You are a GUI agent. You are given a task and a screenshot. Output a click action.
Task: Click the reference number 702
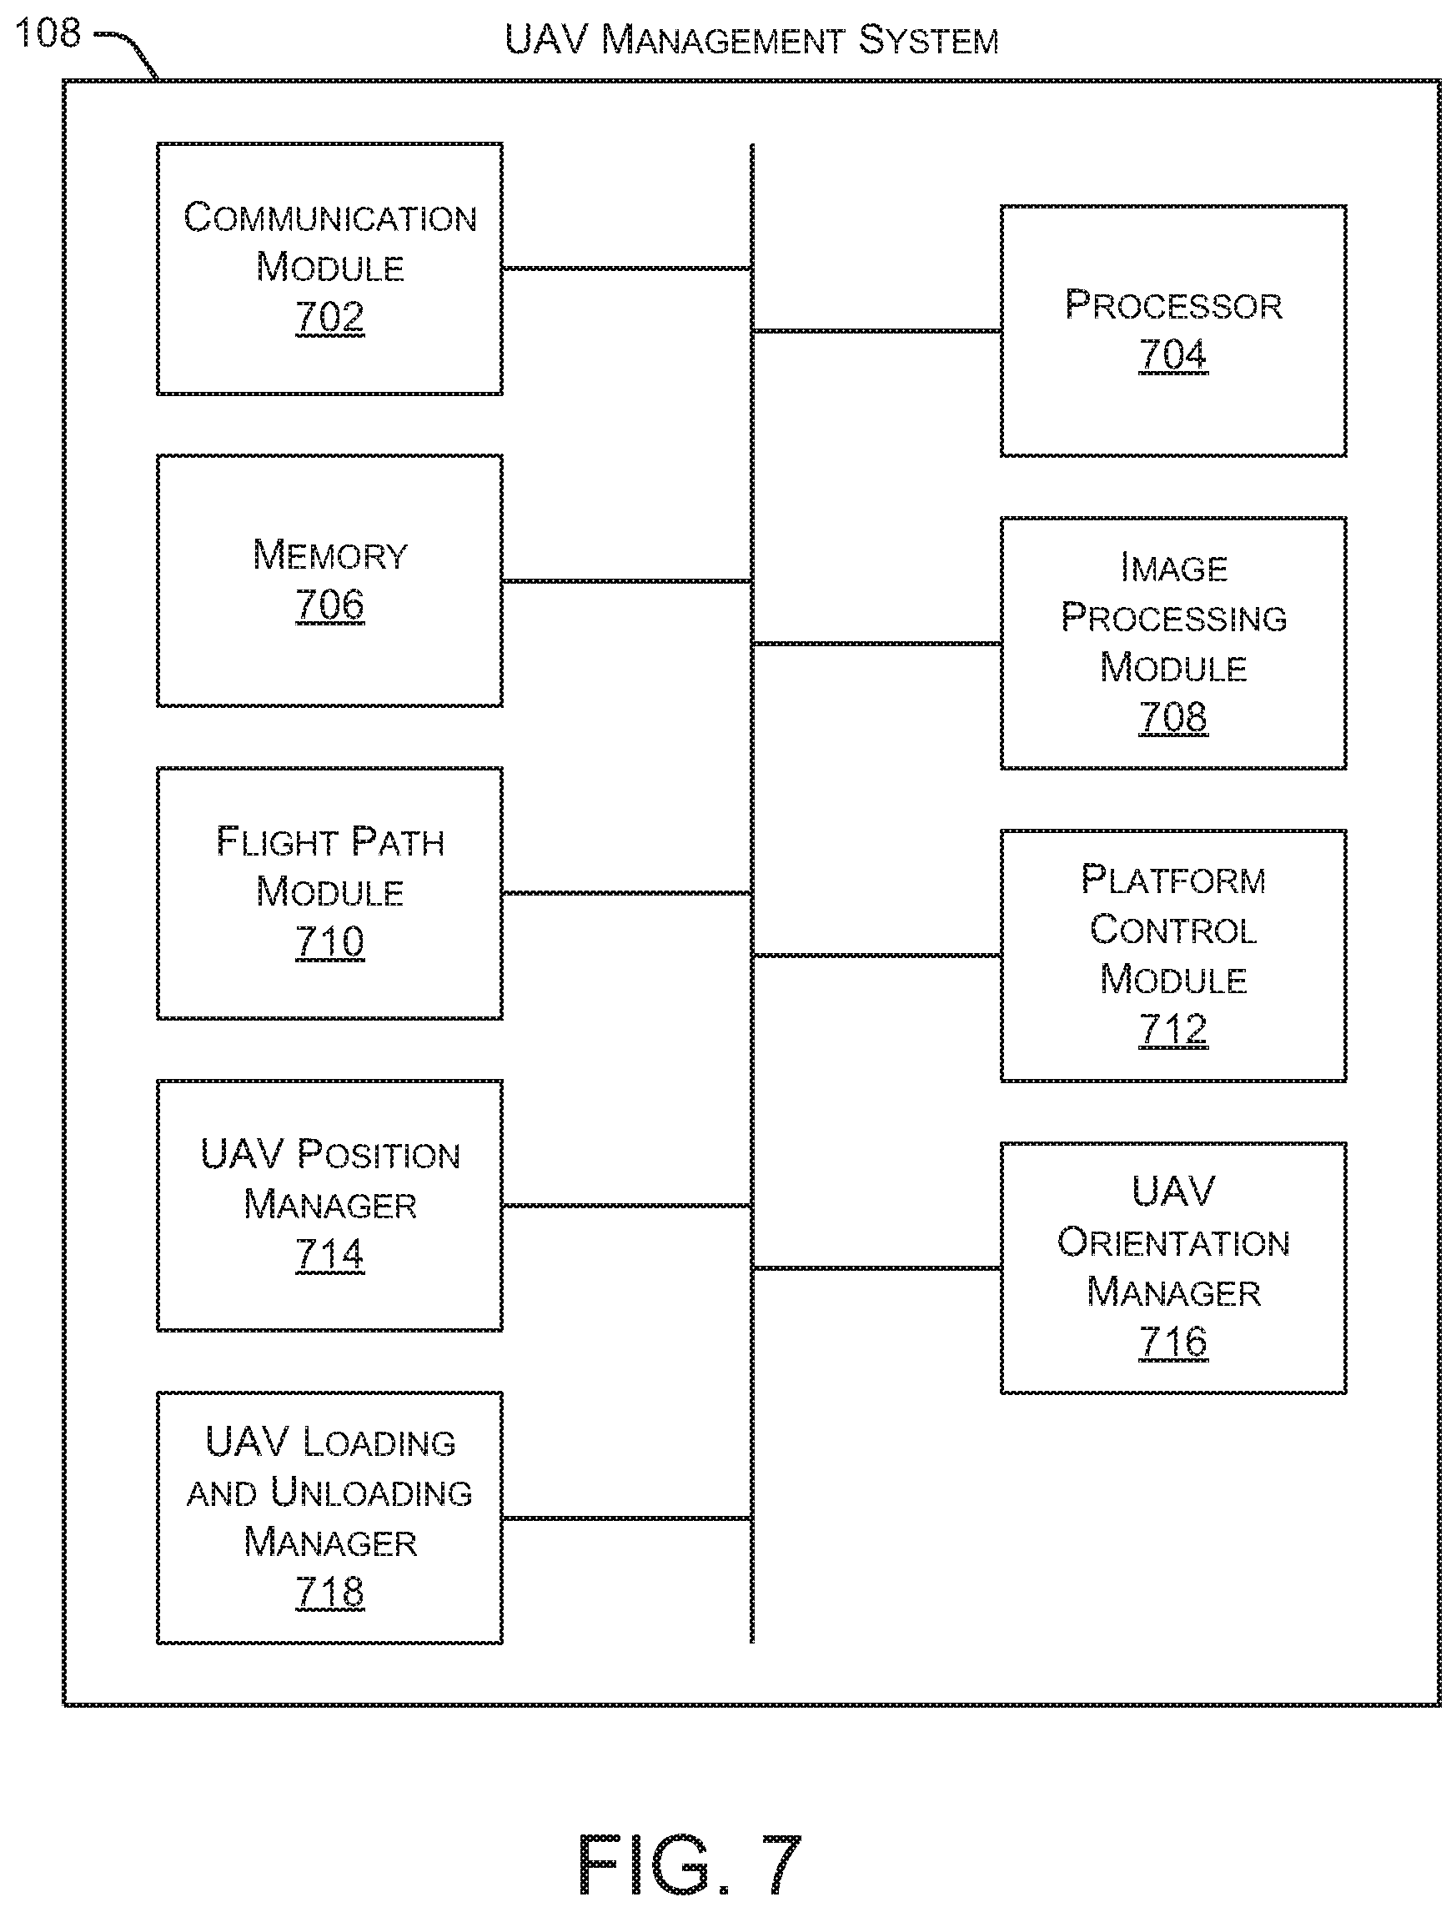pos(329,316)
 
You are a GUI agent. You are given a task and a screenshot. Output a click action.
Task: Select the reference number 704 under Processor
pos(1172,354)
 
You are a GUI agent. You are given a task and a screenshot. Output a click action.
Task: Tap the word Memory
pos(329,555)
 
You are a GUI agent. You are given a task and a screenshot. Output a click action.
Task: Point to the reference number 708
pos(1172,717)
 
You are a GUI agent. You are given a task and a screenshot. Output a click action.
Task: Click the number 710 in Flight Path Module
pos(329,941)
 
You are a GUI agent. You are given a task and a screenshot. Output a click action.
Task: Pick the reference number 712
pos(1172,1030)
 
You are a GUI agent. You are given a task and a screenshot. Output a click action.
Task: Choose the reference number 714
pos(329,1254)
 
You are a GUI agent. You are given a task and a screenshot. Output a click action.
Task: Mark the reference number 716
pos(1172,1342)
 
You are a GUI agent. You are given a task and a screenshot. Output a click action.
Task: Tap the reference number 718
pos(329,1591)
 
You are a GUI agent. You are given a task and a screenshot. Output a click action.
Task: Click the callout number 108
pos(48,33)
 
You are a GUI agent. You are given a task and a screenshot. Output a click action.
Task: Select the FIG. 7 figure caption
pos(690,1865)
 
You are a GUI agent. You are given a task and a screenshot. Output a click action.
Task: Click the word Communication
pos(330,217)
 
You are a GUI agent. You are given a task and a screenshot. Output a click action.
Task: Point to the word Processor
pos(1173,304)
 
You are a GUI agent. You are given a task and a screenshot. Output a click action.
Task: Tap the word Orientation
pos(1173,1242)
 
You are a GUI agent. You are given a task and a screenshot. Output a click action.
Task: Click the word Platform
pos(1173,880)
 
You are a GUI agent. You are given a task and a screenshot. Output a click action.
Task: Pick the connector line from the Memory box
pos(626,580)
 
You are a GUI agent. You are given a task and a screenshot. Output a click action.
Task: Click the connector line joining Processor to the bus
pos(876,330)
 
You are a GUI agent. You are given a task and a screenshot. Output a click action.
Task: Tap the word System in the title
pos(928,40)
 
